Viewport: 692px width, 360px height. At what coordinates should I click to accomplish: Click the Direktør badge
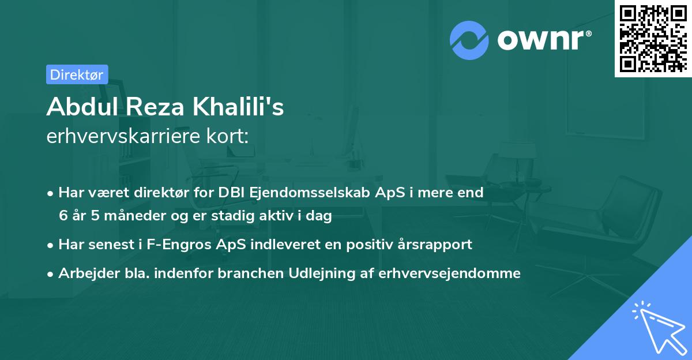pyautogui.click(x=77, y=74)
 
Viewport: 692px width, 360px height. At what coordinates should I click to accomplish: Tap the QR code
pyautogui.click(x=653, y=39)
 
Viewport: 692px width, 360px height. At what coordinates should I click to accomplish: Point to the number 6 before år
pyautogui.click(x=63, y=216)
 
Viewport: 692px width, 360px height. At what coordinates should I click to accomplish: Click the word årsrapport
pyautogui.click(x=437, y=244)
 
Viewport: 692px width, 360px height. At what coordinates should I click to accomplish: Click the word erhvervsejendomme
pyautogui.click(x=449, y=273)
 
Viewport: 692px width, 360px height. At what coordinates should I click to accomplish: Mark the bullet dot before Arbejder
pyautogui.click(x=51, y=273)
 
